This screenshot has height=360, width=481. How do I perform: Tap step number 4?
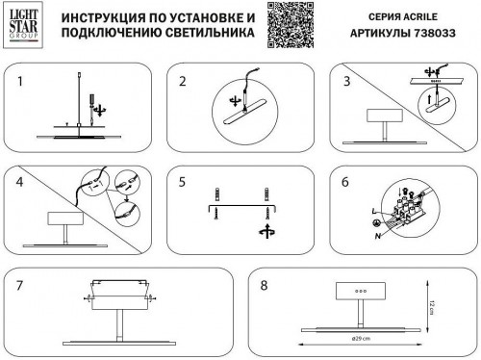pos(19,182)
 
